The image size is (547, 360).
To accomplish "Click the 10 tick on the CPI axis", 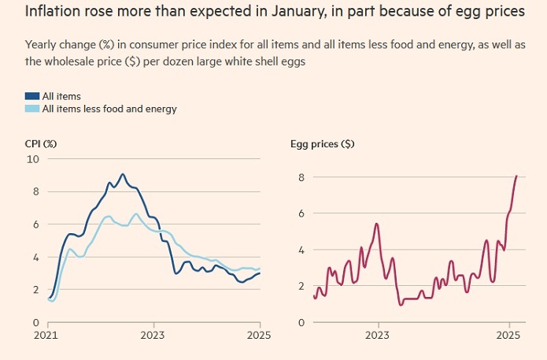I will click(32, 159).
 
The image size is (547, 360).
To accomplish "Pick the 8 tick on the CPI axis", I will click(35, 191).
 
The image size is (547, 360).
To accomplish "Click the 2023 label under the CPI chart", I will click(153, 336).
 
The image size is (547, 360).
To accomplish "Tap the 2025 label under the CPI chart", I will click(259, 336).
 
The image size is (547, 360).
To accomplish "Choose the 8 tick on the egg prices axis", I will click(300, 177).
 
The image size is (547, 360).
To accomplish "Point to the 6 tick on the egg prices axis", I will click(300, 213).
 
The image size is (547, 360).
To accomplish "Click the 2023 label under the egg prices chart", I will click(377, 336).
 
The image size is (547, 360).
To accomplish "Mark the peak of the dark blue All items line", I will click(122, 174).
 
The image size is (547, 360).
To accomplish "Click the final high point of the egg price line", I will click(516, 176).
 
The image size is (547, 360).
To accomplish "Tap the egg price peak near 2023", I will click(377, 224).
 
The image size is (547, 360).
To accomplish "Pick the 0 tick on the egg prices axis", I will click(300, 323).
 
